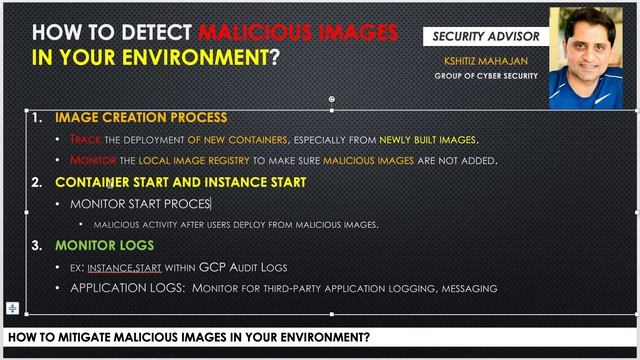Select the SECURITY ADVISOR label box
coord(486,37)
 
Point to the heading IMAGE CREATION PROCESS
coord(140,118)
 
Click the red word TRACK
coord(86,139)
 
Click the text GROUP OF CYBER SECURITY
coord(487,76)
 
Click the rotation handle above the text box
coord(332,99)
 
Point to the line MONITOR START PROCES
coord(140,204)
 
